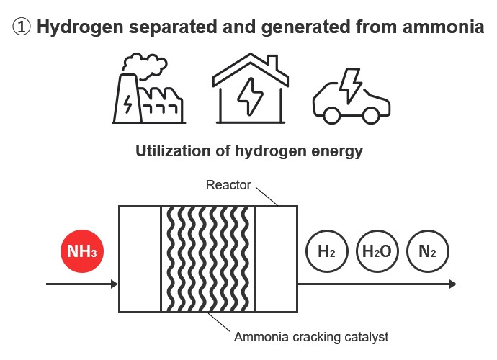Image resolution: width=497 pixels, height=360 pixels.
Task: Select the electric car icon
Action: [352, 101]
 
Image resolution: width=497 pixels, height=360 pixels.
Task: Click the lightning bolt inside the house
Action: [249, 96]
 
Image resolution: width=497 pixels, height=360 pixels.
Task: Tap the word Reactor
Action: [228, 185]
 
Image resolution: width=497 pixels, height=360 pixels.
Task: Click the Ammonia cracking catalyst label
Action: [311, 336]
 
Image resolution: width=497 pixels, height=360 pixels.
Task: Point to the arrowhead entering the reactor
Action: [114, 284]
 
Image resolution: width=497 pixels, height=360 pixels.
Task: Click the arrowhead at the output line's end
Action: [452, 284]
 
